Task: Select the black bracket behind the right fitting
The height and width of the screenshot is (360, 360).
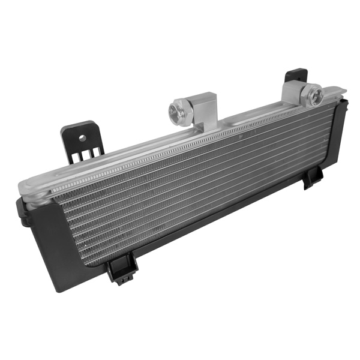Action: (x=295, y=76)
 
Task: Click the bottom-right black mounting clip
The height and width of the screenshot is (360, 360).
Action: (x=313, y=178)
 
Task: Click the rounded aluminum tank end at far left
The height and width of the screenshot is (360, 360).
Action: (x=30, y=186)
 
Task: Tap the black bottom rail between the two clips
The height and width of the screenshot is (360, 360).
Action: (x=222, y=222)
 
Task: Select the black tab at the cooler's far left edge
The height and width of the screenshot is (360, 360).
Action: (x=22, y=213)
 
